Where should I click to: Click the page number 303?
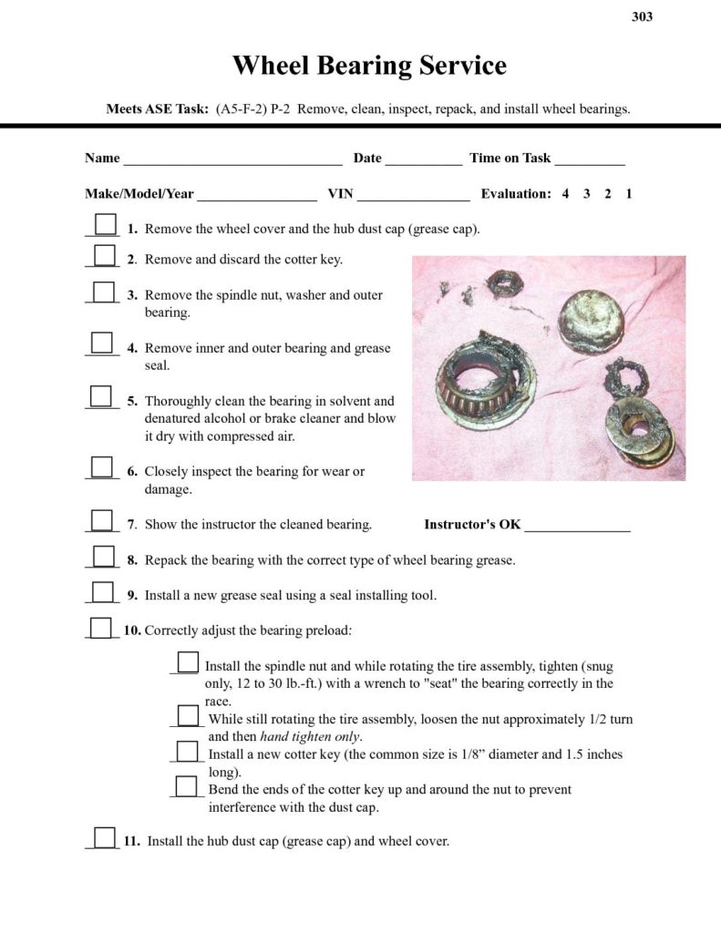click(642, 16)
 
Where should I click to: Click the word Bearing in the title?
click(370, 67)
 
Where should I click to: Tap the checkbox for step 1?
click(106, 224)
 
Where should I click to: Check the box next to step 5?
click(101, 396)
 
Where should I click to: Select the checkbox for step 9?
click(103, 592)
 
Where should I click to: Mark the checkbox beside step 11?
click(105, 837)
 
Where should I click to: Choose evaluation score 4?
click(565, 194)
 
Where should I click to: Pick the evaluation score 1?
click(629, 194)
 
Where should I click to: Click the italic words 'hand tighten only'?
click(311, 736)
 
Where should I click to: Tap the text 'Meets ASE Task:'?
click(159, 109)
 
